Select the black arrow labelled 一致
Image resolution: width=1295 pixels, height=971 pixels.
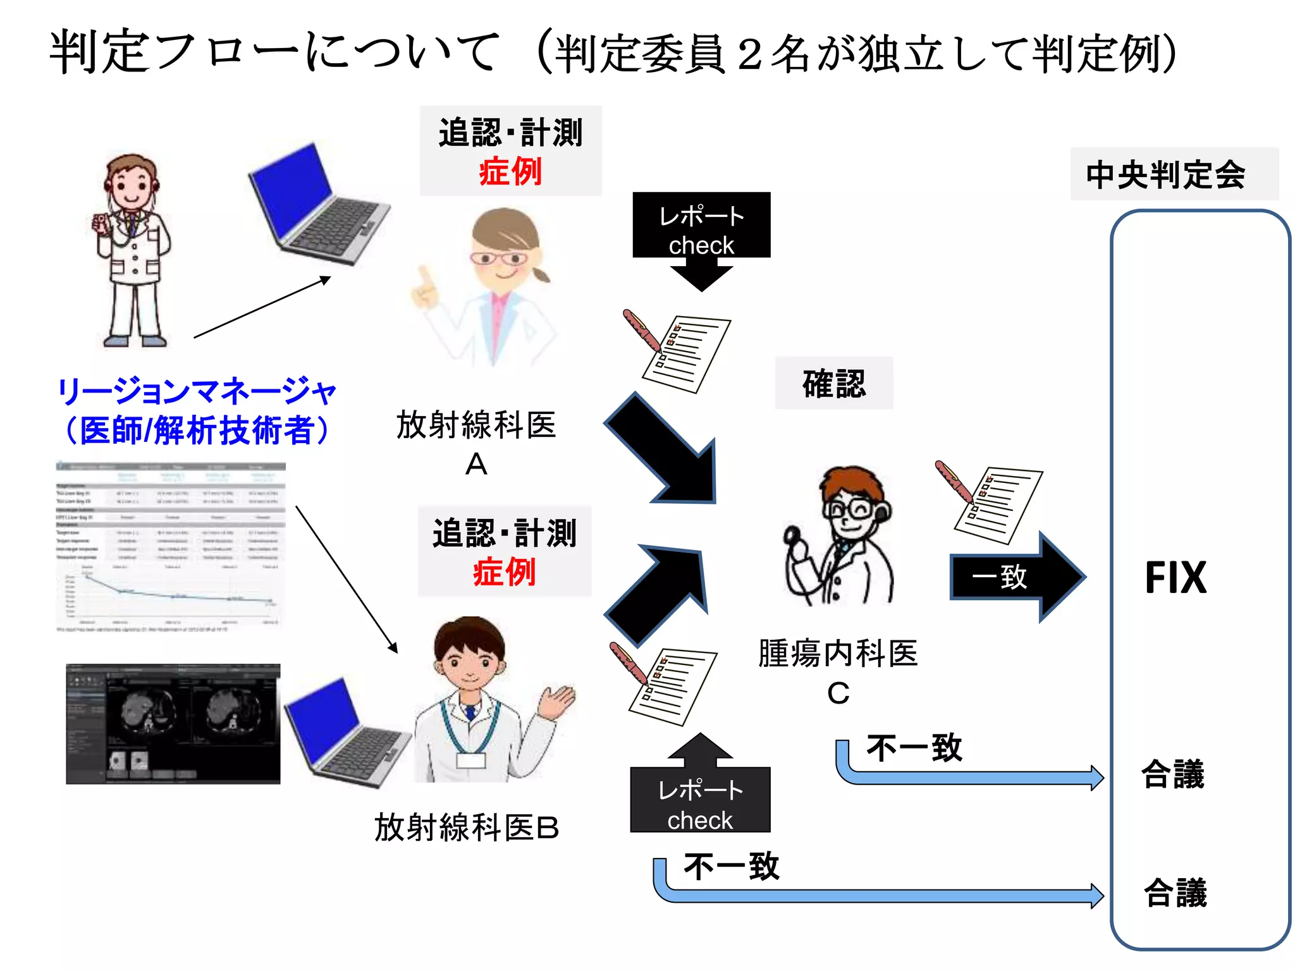(1015, 577)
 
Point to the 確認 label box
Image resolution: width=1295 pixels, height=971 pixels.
(833, 384)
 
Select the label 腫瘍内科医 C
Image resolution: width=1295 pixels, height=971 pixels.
(838, 670)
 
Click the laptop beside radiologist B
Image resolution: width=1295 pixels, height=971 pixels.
(345, 733)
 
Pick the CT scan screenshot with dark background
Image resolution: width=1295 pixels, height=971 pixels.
(173, 724)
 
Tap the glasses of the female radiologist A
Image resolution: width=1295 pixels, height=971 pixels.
(500, 259)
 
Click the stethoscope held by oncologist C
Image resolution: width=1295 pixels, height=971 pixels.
(793, 537)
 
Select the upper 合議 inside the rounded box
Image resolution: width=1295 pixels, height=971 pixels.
(1173, 774)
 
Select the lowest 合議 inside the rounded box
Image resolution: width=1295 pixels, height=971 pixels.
(1175, 893)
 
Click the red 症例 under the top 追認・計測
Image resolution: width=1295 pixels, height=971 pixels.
(510, 172)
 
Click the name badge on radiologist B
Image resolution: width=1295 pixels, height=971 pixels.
(470, 759)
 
